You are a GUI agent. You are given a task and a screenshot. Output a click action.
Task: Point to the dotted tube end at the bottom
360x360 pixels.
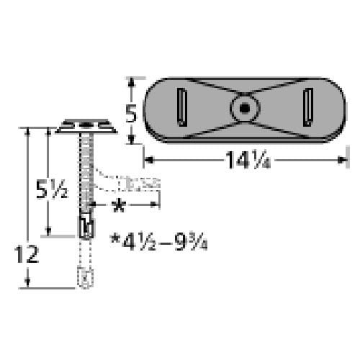point(84,276)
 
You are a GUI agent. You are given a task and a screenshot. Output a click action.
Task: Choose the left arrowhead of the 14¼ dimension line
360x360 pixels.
point(148,158)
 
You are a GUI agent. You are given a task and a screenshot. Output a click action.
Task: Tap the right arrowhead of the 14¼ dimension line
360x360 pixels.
point(344,158)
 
